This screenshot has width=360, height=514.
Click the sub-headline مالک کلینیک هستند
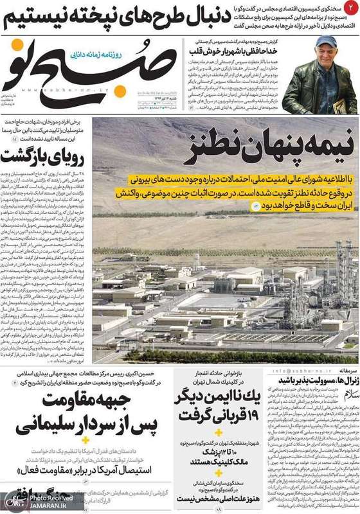[x=215, y=459]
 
